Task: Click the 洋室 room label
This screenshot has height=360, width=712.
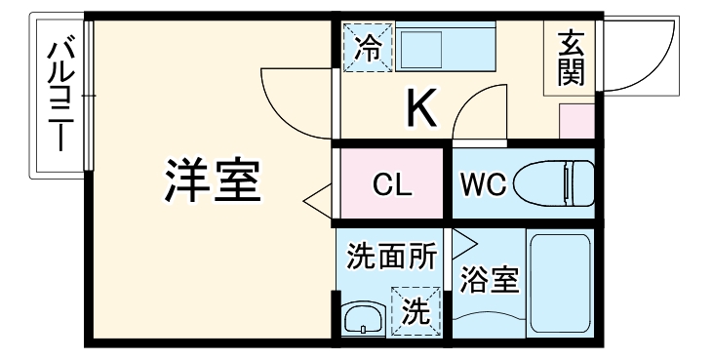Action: pyautogui.click(x=212, y=179)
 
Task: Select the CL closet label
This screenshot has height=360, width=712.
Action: pyautogui.click(x=392, y=184)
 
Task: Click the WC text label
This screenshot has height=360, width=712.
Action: pyautogui.click(x=480, y=184)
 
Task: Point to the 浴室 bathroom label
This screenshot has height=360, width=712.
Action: pyautogui.click(x=489, y=279)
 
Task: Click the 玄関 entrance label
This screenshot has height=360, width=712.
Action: pyautogui.click(x=571, y=58)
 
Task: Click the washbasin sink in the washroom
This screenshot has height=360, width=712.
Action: pyautogui.click(x=364, y=318)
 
